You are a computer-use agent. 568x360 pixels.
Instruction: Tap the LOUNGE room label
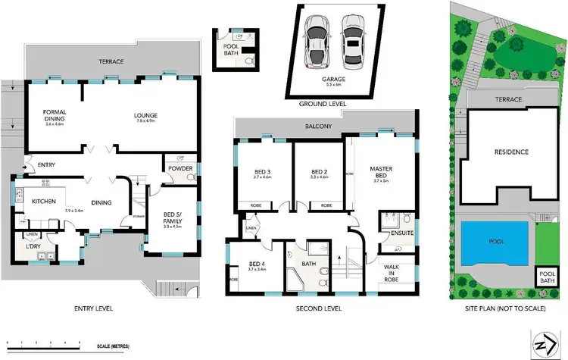pyautogui.click(x=146, y=115)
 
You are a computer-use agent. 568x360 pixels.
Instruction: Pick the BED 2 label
pyautogui.click(x=318, y=172)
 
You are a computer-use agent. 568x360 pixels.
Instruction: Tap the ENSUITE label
pyautogui.click(x=401, y=233)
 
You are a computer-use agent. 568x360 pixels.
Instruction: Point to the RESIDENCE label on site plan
pyautogui.click(x=512, y=152)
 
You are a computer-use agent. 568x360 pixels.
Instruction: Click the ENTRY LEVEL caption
pyautogui.click(x=94, y=308)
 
